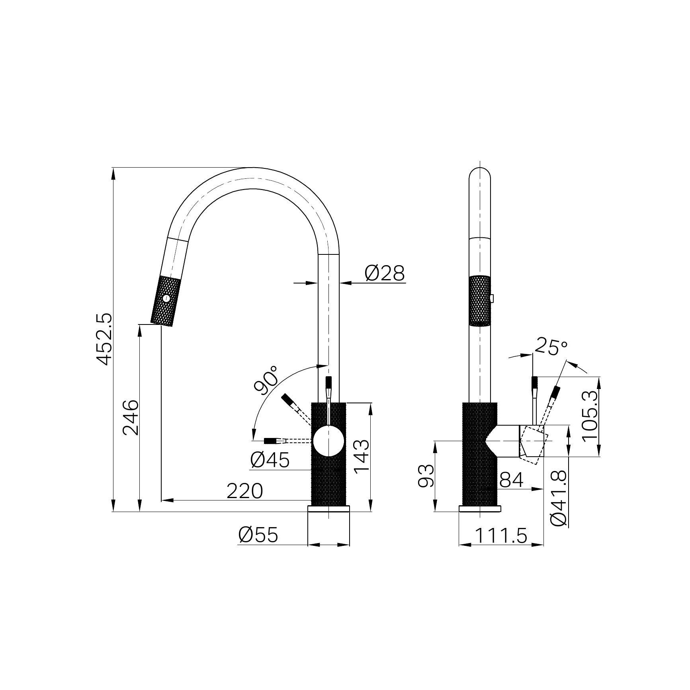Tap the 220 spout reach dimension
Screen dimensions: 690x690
pyautogui.click(x=244, y=491)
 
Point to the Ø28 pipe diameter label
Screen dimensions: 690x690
pyautogui.click(x=384, y=273)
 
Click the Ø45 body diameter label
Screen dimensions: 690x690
pyautogui.click(x=270, y=461)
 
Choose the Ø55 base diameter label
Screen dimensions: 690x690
pyautogui.click(x=258, y=535)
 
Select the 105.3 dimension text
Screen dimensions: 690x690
pyautogui.click(x=590, y=416)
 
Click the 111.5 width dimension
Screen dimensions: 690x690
pyautogui.click(x=501, y=536)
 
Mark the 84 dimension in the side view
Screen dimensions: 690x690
pyautogui.click(x=511, y=480)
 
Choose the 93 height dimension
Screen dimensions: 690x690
pyautogui.click(x=426, y=476)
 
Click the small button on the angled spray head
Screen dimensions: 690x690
pyautogui.click(x=166, y=298)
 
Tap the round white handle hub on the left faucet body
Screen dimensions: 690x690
pyautogui.click(x=328, y=440)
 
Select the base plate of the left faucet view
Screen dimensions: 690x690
pyautogui.click(x=328, y=508)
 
